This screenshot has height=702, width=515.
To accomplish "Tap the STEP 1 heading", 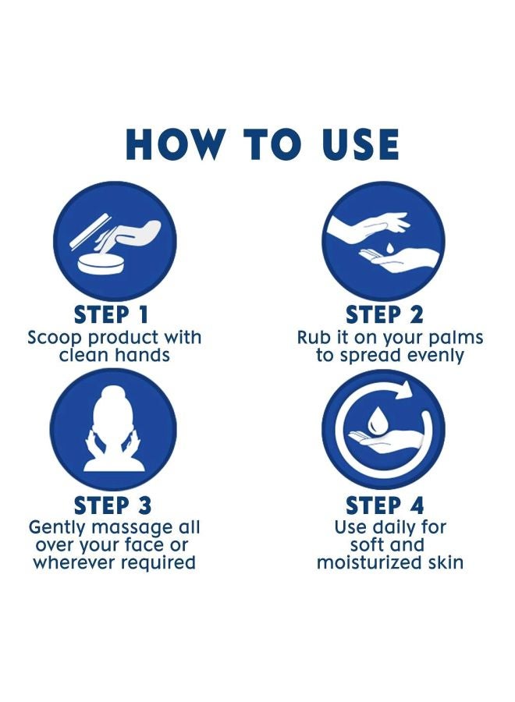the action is pos(111,314).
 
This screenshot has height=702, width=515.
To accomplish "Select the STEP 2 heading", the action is pos(384,314).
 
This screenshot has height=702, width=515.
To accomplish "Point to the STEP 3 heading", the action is pos(113,505).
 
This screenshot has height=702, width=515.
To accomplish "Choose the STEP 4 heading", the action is pos(384,505).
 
